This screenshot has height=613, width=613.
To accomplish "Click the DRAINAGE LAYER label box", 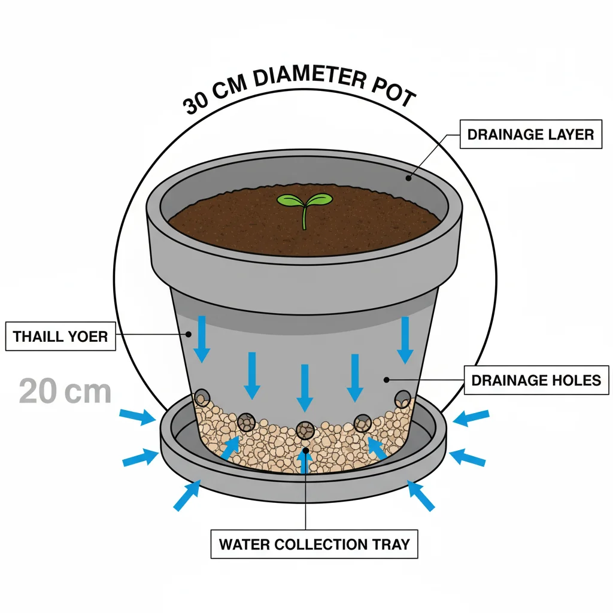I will (x=530, y=135).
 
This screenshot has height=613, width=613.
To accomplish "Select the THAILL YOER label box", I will (x=60, y=336).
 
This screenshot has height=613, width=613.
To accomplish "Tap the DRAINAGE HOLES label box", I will (x=536, y=380).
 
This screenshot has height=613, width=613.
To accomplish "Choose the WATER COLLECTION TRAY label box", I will (x=314, y=544).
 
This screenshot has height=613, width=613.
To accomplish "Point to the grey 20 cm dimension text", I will (x=65, y=392).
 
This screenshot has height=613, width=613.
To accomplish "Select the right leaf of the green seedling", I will (x=317, y=199).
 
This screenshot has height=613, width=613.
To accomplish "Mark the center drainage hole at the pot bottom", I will (x=305, y=430).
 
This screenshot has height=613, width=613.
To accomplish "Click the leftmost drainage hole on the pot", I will (x=202, y=397).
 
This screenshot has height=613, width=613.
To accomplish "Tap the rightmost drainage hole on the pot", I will (x=403, y=399).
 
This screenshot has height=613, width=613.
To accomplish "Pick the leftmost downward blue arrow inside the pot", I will (x=202, y=338).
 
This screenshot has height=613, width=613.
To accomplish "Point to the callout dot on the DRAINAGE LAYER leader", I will (x=409, y=177).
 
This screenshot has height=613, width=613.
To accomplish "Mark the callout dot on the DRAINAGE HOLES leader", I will (x=387, y=378).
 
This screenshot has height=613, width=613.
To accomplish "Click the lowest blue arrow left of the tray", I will (x=187, y=496).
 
